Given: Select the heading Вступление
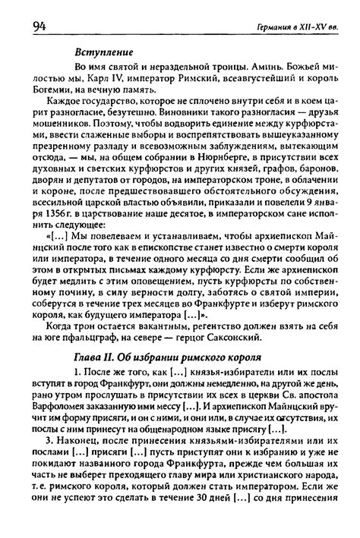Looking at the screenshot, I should coord(100,55).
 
